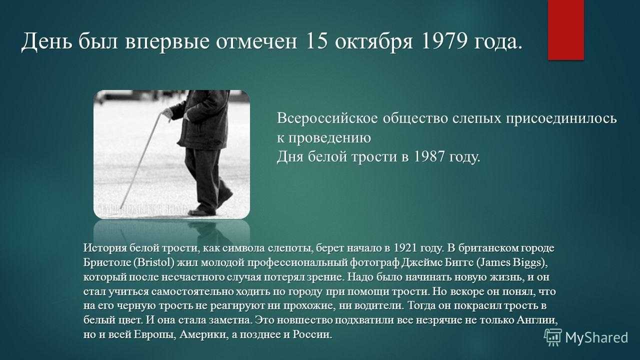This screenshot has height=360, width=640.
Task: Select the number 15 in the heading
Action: pos(316,41)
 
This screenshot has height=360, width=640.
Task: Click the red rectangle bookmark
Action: pos(565,30)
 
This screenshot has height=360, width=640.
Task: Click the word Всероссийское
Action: pos(327,118)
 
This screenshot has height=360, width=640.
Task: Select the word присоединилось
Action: pos(561,119)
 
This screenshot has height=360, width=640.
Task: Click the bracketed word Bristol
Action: pos(153,262)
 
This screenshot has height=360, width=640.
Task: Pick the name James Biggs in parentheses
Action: pos(512,262)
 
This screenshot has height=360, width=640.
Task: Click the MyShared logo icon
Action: pos(552,337)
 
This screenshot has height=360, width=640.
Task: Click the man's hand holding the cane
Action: pos(167,113)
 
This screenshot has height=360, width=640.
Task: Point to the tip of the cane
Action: pos(121,208)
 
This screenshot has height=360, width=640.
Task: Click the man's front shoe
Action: pos(201,212)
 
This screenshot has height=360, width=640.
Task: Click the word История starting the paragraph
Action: pos(104,247)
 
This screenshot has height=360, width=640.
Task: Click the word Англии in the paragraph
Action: pos(537,320)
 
